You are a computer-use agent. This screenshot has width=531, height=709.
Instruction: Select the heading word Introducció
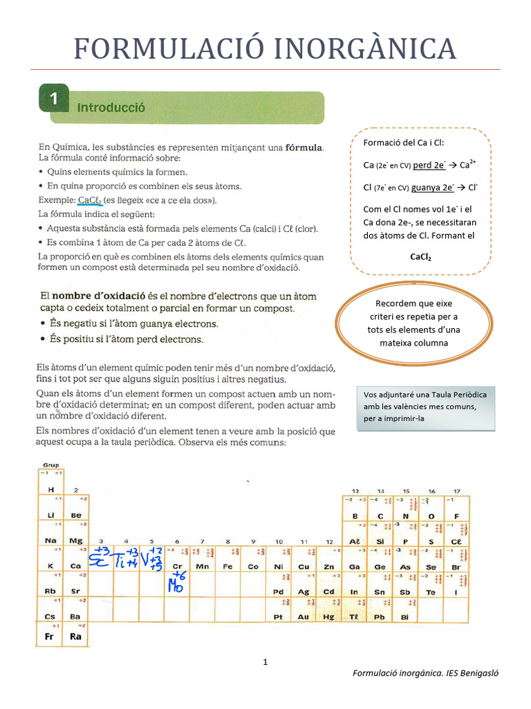coord(111,107)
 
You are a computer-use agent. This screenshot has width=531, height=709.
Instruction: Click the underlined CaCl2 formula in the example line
coord(91,201)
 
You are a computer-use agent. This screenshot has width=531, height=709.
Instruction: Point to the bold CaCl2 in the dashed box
coord(420,257)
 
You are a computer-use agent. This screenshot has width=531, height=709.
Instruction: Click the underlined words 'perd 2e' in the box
coord(429,166)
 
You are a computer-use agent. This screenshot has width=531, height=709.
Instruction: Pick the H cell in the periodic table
coord(50,490)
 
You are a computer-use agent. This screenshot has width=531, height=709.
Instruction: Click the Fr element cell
coord(50,636)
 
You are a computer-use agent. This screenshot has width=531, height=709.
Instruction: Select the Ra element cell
coord(76,636)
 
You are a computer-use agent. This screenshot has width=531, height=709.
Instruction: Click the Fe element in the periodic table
coord(227,566)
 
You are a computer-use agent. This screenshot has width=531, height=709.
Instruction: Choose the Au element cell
coord(304,616)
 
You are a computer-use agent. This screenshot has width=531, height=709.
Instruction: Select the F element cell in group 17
coord(456,516)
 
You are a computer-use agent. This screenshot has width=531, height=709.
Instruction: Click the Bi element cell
coord(405,616)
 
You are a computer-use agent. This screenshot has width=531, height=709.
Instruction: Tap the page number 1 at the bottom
coord(265,663)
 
